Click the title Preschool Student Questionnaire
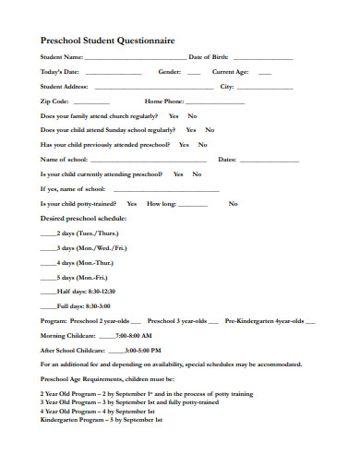point(107,41)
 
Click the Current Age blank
point(265,73)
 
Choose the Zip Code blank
point(91,102)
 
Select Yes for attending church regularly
point(174,116)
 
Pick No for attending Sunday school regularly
point(210,130)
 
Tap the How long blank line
point(192,204)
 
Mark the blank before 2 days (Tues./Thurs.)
point(49,234)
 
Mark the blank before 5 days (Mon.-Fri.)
point(49,278)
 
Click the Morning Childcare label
point(66,336)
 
